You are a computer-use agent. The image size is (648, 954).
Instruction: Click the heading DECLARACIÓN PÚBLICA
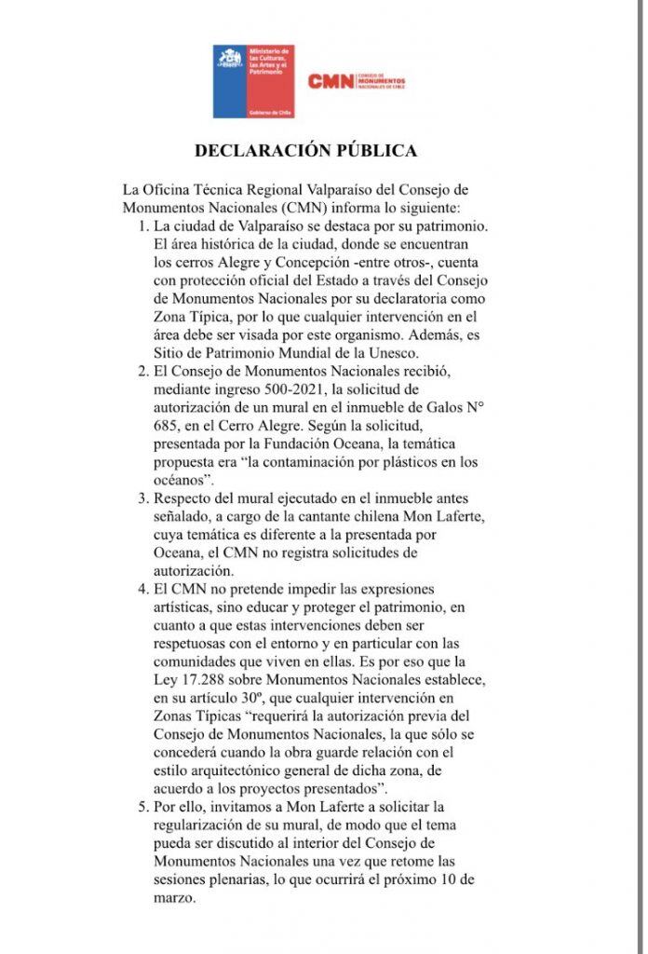[x=304, y=150]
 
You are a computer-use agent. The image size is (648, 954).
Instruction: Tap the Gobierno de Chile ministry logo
[x=253, y=83]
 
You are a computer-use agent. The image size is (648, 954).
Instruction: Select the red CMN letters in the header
[x=331, y=82]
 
